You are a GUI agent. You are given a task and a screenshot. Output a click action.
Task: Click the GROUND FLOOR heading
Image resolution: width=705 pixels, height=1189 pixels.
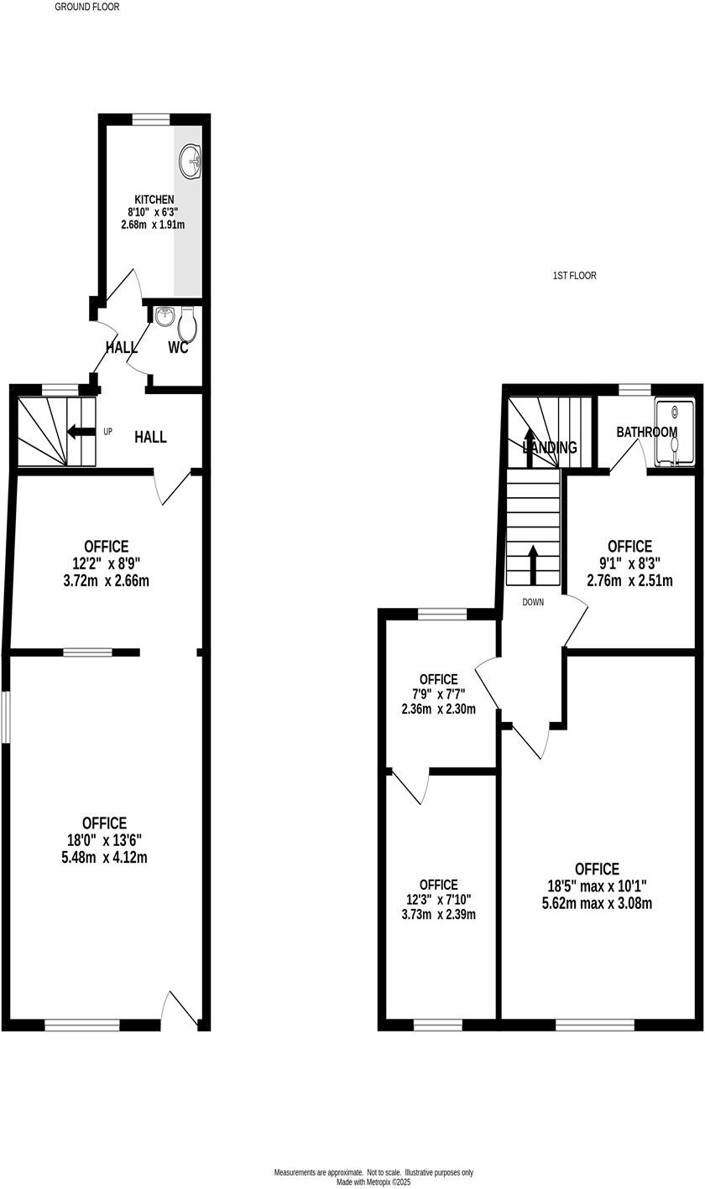coord(87,7)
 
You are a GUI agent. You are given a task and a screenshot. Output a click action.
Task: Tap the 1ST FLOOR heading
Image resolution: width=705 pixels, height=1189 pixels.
coord(575,276)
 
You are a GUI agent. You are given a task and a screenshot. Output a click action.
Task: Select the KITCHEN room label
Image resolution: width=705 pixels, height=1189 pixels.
coord(154,200)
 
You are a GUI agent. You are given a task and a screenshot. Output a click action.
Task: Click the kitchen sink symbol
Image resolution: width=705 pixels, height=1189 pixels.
coord(191,159)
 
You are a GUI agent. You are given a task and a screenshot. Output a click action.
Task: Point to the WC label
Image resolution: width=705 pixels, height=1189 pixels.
coord(178,348)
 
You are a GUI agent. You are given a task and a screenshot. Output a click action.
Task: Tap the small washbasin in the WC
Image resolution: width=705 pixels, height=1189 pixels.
coord(164,316)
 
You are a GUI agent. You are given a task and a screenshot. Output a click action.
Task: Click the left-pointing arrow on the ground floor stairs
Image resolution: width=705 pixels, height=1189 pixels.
coord(81,432)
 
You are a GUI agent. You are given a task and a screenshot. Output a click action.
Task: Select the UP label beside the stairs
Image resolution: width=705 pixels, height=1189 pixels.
coord(108,432)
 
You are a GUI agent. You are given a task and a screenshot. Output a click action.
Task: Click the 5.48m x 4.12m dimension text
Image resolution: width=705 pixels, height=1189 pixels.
coord(104,858)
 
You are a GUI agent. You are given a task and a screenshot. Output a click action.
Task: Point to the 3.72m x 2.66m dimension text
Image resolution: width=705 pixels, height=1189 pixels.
coord(106,580)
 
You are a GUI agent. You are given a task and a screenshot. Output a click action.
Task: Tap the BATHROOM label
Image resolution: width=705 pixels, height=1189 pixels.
coord(646,433)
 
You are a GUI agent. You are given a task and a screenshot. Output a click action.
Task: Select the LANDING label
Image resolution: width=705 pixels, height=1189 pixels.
coord(550,448)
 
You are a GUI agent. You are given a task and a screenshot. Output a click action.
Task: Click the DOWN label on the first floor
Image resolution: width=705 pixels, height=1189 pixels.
coord(533,602)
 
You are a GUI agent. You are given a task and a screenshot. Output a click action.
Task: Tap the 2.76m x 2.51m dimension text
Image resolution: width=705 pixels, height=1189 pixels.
coord(629,580)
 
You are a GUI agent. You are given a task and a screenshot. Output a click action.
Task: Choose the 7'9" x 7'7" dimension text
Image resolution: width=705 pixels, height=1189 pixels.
coord(438,693)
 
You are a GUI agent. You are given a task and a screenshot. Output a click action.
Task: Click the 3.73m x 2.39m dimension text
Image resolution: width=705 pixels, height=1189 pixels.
coord(438,914)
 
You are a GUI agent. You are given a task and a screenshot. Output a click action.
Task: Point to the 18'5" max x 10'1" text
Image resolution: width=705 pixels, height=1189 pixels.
coord(597,886)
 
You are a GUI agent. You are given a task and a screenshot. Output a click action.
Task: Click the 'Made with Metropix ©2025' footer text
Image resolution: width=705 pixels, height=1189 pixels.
coord(373,1182)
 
